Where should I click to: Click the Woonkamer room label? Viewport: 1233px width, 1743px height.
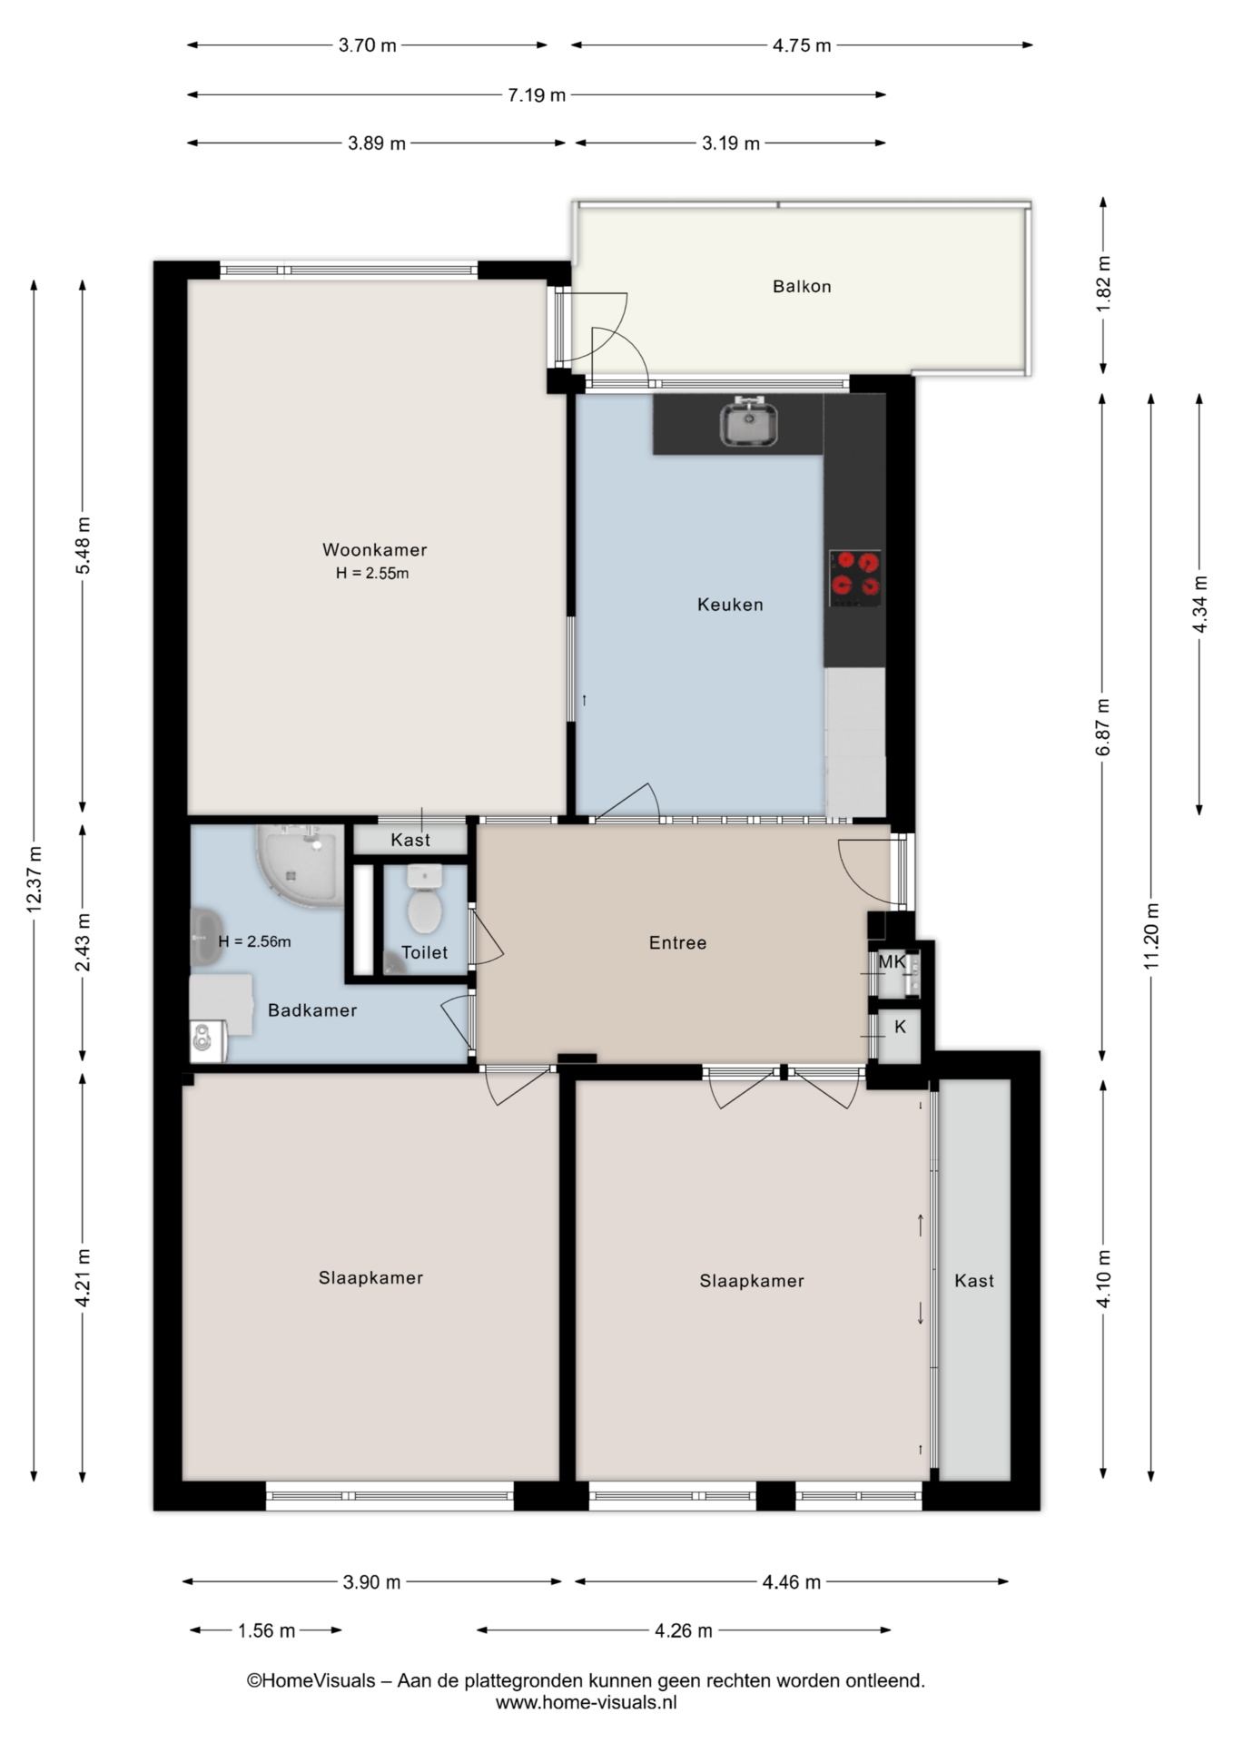[x=374, y=549]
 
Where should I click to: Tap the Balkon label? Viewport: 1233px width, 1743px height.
[x=802, y=286]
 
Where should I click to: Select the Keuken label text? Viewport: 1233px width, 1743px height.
[x=730, y=605]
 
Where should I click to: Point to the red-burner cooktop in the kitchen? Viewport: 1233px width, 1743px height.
[x=855, y=578]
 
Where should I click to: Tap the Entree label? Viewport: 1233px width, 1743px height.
[x=677, y=943]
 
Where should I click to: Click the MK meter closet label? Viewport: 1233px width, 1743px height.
[x=892, y=961]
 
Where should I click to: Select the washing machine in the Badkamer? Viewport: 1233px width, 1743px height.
[x=208, y=1041]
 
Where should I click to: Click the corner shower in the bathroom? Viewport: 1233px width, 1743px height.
[x=301, y=865]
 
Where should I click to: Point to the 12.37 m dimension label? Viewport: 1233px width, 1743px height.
[x=34, y=880]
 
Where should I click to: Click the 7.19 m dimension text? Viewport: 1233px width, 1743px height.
[x=537, y=94]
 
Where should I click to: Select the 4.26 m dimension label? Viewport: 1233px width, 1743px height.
[x=684, y=1631]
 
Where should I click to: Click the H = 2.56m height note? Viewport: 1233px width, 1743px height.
[x=254, y=941]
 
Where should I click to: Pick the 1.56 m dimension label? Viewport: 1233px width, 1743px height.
[x=266, y=1631]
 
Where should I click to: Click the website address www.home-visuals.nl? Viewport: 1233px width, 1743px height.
[x=586, y=1703]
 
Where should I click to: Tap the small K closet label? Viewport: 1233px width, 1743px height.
[x=900, y=1027]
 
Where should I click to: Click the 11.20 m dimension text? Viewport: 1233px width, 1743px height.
[x=1151, y=936]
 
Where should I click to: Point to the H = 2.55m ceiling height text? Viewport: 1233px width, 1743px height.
[x=372, y=573]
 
